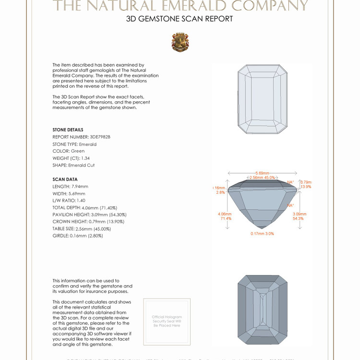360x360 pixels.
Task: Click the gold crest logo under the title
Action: (x=180, y=42)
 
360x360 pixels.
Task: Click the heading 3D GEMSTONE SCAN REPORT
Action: (x=180, y=19)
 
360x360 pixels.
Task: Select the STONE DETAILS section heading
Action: (x=68, y=130)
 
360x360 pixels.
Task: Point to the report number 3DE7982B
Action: (x=81, y=137)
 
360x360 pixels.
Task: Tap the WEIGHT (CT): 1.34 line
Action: (x=71, y=158)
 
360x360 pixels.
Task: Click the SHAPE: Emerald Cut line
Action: (x=73, y=165)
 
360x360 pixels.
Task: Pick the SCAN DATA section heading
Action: (x=65, y=179)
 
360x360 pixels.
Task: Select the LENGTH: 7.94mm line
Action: (x=70, y=186)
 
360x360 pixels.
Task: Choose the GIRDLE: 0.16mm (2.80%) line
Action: (x=77, y=236)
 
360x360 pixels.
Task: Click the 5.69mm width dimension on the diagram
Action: (x=262, y=173)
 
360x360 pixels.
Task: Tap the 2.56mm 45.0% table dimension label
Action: (x=262, y=178)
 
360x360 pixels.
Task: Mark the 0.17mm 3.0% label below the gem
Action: (x=262, y=234)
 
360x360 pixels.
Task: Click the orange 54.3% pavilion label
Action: (x=298, y=218)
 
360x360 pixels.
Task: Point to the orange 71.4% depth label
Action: (x=226, y=218)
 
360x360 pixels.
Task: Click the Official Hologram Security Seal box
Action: (x=167, y=321)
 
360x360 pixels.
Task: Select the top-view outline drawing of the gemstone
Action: (x=262, y=99)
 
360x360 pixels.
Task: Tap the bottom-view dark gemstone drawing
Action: (x=262, y=309)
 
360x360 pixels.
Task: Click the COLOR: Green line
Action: (x=68, y=151)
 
